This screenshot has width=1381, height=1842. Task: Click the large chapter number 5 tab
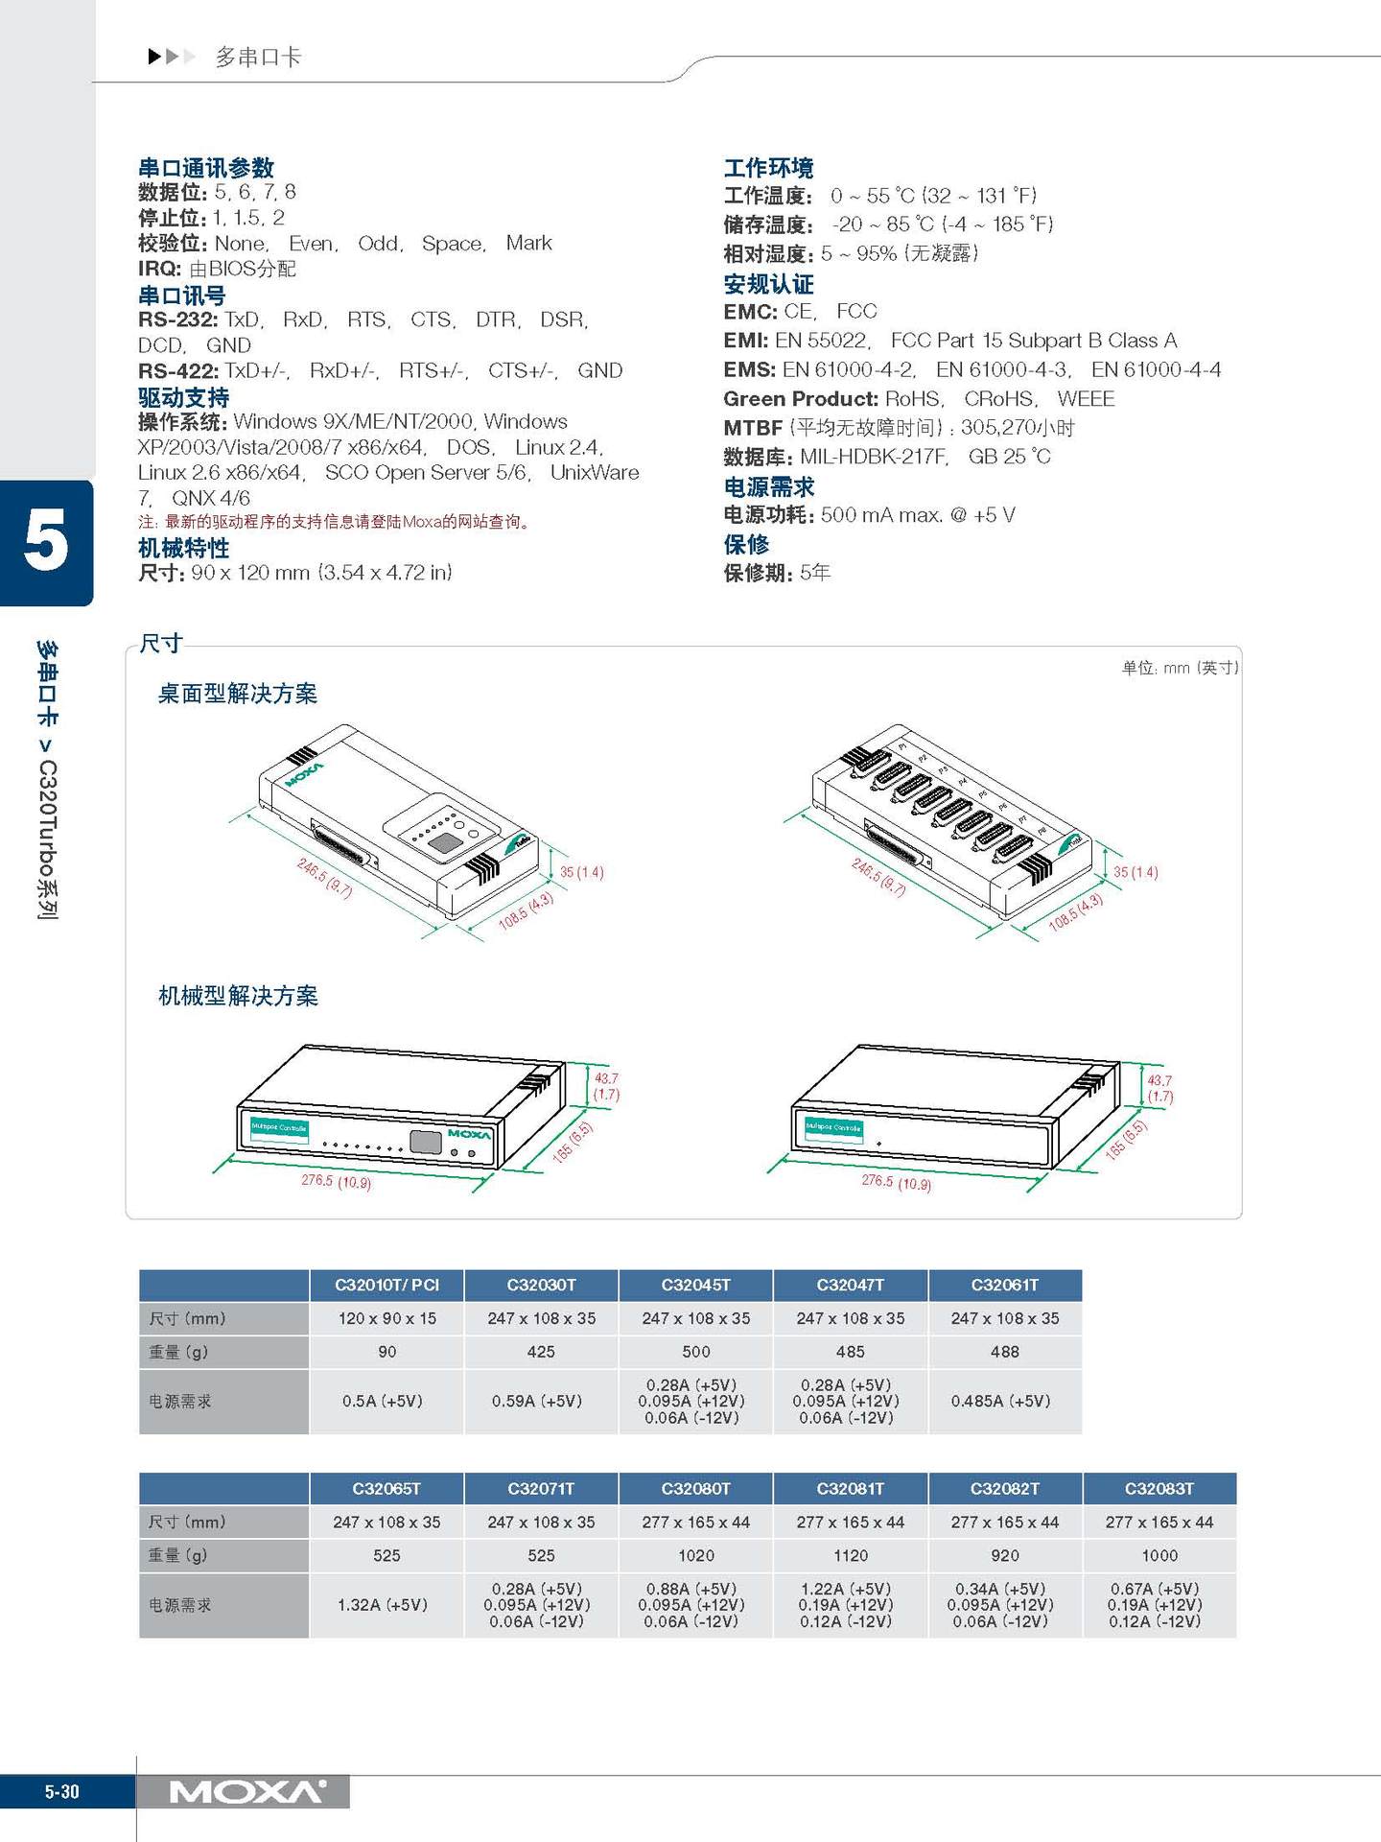[x=46, y=542]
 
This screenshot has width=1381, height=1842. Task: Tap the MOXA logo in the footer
[x=246, y=1791]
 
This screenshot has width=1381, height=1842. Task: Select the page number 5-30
[x=62, y=1791]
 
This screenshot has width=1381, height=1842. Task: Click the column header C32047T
[x=850, y=1285]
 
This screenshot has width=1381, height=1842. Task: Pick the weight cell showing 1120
[x=850, y=1555]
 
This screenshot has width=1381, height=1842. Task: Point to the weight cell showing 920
[x=1004, y=1555]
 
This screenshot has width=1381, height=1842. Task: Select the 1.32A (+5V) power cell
[x=386, y=1604]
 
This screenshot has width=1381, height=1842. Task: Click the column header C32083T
[x=1159, y=1488]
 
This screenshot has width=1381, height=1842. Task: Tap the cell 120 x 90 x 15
[x=386, y=1318]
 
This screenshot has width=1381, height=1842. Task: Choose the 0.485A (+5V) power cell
[x=1004, y=1401]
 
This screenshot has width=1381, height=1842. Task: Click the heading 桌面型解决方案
[x=237, y=694]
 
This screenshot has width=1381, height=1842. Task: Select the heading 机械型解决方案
[x=238, y=996]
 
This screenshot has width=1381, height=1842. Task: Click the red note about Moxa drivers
[x=335, y=522]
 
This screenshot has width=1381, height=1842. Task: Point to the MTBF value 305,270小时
[x=1017, y=428]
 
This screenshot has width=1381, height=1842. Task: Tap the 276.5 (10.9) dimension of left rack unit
[x=336, y=1181]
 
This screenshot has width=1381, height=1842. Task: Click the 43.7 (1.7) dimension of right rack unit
[x=1159, y=1088]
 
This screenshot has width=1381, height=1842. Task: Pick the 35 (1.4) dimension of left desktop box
[x=581, y=872]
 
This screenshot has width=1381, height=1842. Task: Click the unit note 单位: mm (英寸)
[x=1180, y=668]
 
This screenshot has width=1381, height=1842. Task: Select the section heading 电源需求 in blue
[x=768, y=486]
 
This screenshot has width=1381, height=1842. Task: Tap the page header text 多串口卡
[x=257, y=58]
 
